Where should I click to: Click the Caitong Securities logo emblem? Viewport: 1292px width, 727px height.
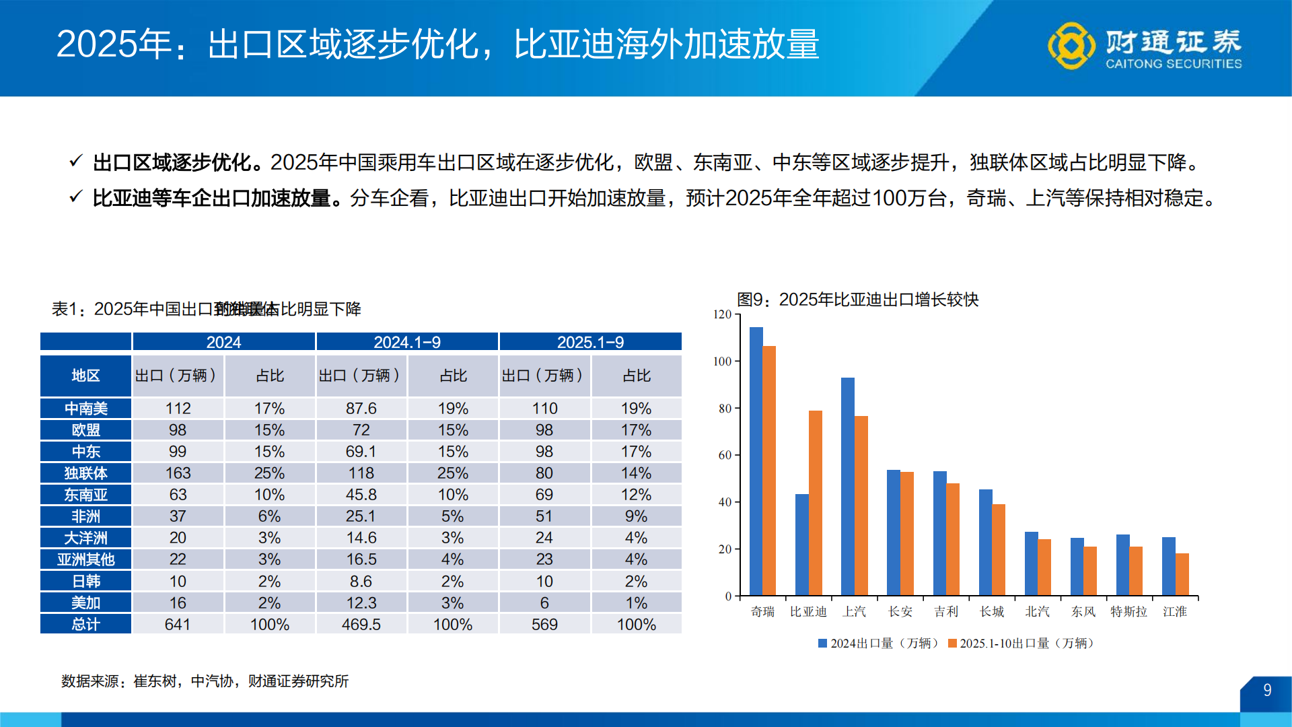tap(1071, 46)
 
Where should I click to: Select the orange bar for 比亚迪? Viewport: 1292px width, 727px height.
tap(815, 504)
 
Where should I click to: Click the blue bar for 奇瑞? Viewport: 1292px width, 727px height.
tap(756, 462)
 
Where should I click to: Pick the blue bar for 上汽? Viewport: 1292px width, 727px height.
tap(847, 487)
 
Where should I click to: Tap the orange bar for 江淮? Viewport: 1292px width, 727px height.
tap(1182, 574)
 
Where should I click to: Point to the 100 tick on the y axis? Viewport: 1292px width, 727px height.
tap(722, 361)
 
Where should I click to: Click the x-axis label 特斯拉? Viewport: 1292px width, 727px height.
tap(1128, 611)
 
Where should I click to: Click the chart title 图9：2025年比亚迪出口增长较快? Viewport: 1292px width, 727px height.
tap(857, 300)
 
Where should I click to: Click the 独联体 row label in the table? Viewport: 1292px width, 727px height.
tap(85, 473)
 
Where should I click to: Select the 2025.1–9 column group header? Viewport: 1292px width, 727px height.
tap(590, 342)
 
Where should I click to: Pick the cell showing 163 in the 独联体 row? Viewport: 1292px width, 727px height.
tap(178, 473)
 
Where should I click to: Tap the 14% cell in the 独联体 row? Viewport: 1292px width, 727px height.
tap(636, 473)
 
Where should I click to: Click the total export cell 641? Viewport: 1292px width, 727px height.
tap(178, 624)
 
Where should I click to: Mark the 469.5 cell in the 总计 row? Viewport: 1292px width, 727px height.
tap(361, 624)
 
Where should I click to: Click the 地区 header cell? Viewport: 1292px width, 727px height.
tap(85, 376)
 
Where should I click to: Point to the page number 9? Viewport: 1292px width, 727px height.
tap(1267, 690)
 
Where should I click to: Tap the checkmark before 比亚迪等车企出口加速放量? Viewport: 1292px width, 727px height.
tap(75, 197)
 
